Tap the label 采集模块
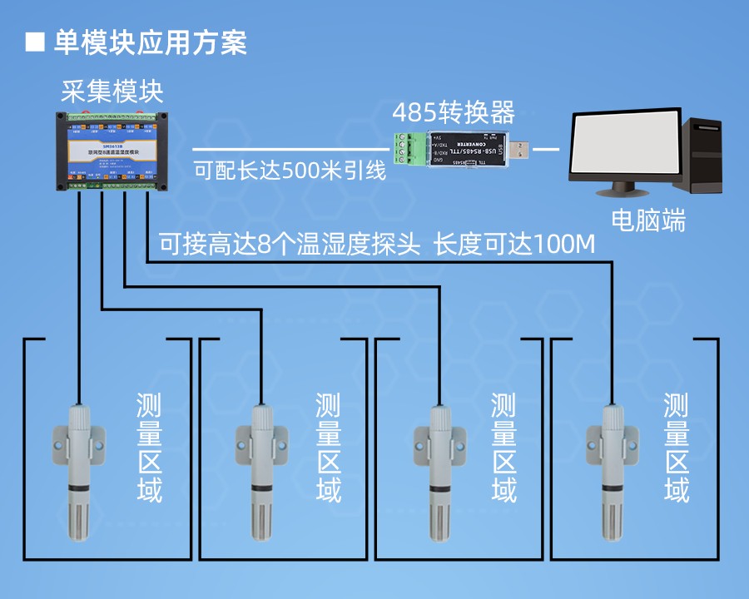(x=112, y=89)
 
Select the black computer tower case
(x=706, y=154)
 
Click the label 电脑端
(x=648, y=220)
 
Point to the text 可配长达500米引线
(x=290, y=171)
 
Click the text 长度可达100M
(x=516, y=245)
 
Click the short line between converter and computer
(x=545, y=150)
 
